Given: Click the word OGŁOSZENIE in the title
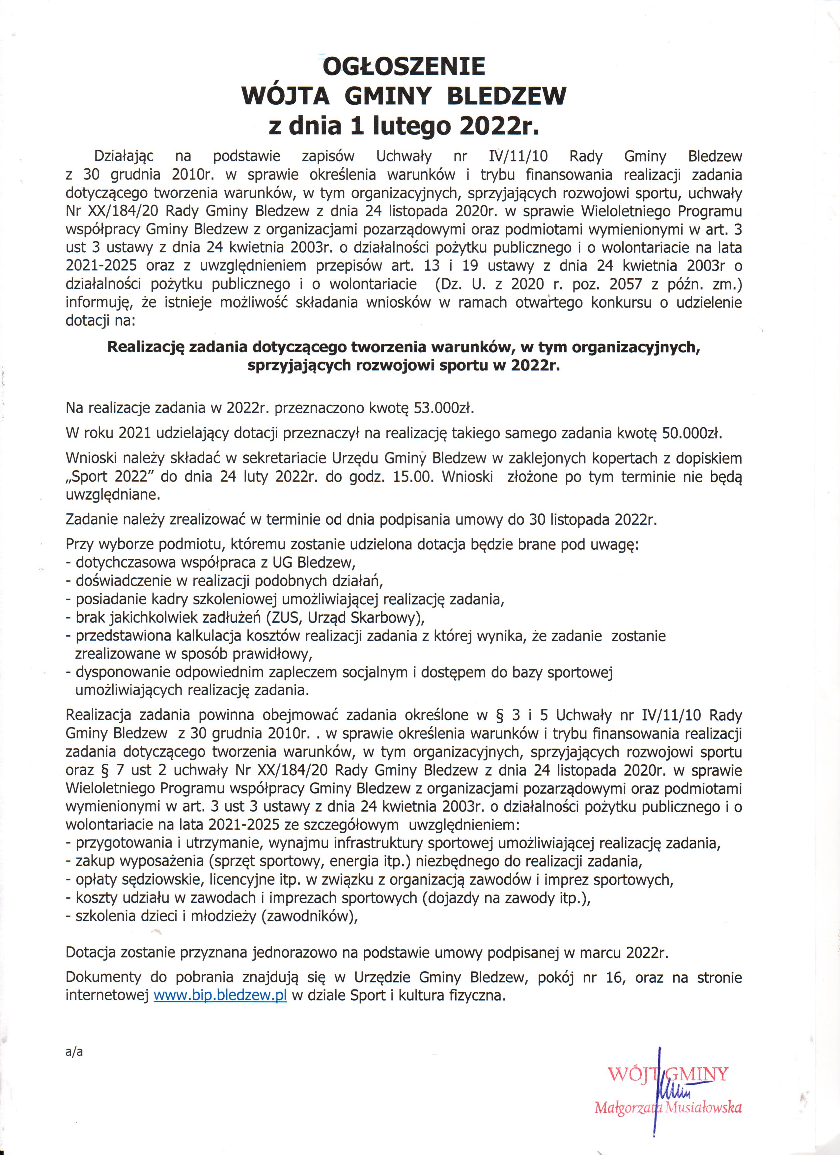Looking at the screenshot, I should (x=404, y=66).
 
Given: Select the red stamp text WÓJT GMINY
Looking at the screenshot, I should (x=668, y=1075).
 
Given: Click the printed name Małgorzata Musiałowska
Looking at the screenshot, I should (x=667, y=1108).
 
